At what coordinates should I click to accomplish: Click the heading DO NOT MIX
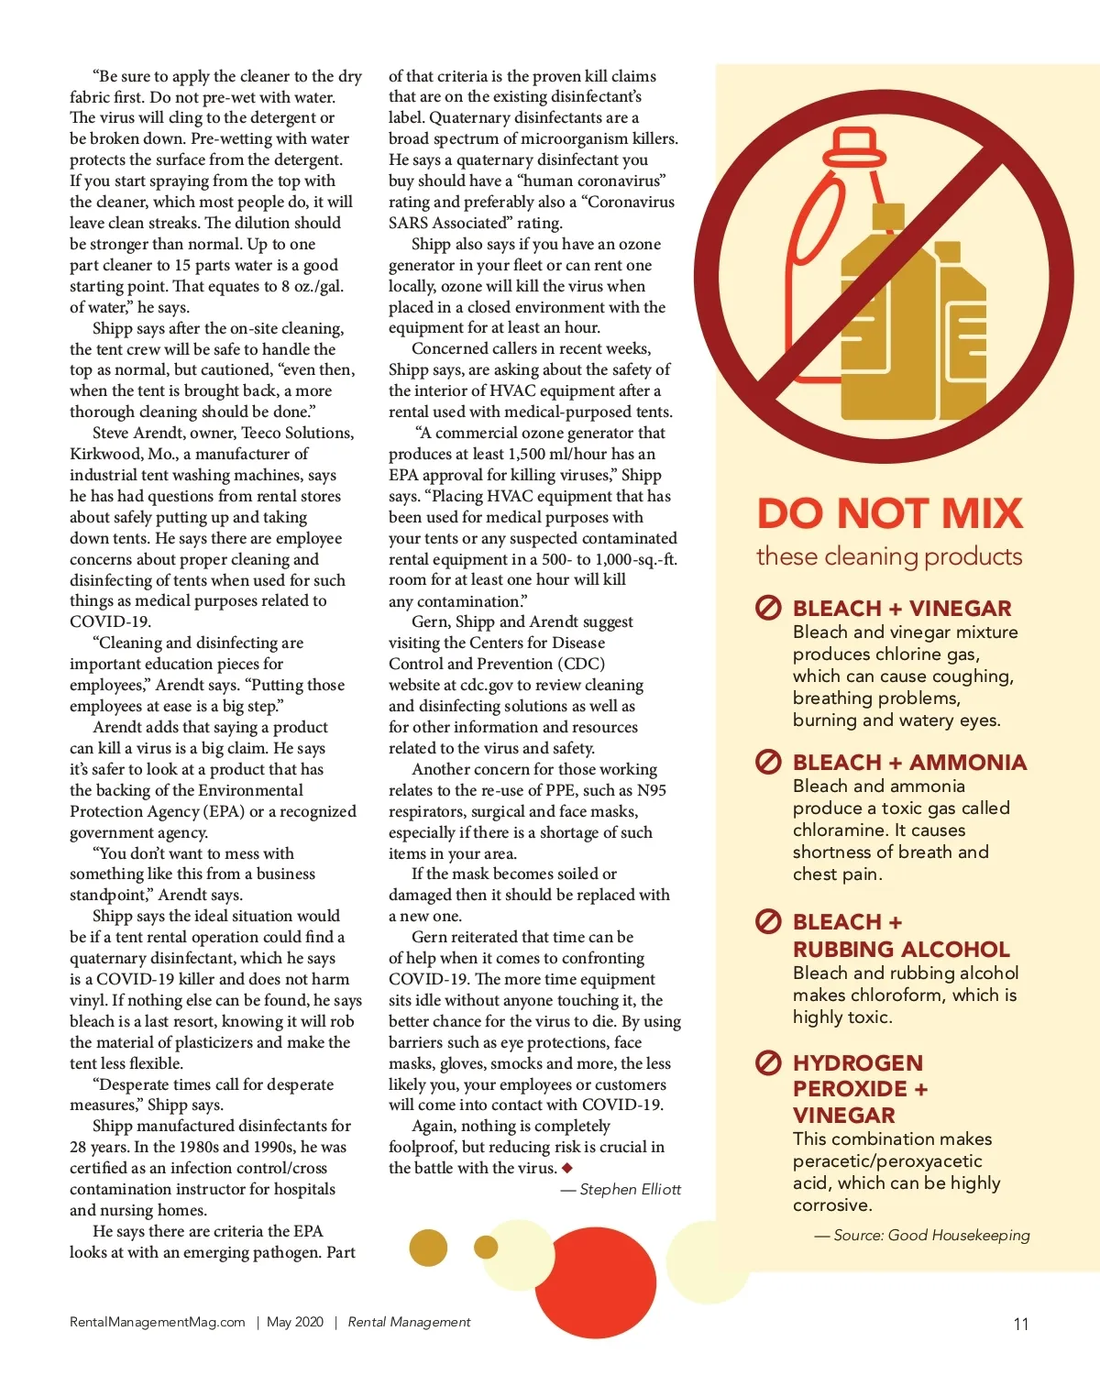click(x=889, y=513)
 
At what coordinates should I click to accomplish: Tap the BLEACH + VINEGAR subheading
click(x=902, y=609)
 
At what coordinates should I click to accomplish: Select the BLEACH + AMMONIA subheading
click(x=909, y=763)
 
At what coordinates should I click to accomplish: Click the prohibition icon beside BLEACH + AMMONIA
click(x=768, y=762)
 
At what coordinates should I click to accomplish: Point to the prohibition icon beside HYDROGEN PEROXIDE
click(x=768, y=1063)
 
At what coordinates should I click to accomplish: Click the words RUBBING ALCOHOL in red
click(x=901, y=950)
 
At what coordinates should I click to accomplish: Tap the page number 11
click(x=1020, y=1324)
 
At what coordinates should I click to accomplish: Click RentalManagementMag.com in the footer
click(x=158, y=1322)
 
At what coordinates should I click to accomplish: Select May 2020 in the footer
click(x=295, y=1322)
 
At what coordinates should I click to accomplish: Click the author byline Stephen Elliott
click(x=630, y=1190)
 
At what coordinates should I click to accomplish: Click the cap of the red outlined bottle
click(x=852, y=144)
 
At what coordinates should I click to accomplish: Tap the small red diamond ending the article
click(x=567, y=1168)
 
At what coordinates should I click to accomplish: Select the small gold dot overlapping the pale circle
click(x=486, y=1247)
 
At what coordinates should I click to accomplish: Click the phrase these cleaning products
click(x=889, y=556)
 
